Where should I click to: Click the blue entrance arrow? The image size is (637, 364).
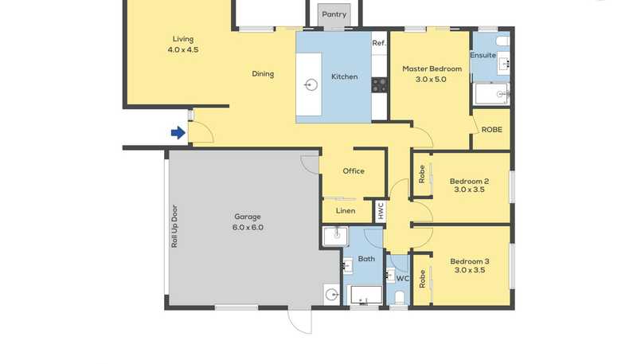(178, 132)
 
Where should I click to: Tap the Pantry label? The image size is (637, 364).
(334, 14)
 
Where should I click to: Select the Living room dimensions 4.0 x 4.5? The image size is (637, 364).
(183, 49)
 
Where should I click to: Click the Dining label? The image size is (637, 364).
(263, 73)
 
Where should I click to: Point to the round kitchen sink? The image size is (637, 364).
(311, 85)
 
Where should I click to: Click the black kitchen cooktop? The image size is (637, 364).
(380, 85)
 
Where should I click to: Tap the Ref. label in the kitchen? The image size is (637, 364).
(379, 43)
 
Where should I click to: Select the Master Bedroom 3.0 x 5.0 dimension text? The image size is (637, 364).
(431, 79)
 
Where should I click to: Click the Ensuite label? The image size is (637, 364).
(483, 55)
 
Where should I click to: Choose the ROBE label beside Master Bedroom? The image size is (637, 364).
(491, 130)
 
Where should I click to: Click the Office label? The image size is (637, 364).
(354, 171)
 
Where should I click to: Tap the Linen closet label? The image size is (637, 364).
(346, 210)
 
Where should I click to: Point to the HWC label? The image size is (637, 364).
(381, 211)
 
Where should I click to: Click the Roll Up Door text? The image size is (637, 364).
(174, 226)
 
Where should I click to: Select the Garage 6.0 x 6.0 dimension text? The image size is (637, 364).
(248, 228)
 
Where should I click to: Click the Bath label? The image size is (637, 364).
(366, 258)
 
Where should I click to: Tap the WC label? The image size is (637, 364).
(403, 278)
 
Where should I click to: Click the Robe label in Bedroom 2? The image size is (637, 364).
(422, 174)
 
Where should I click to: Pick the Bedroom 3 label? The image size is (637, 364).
(470, 261)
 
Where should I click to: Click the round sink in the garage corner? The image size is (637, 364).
(332, 294)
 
